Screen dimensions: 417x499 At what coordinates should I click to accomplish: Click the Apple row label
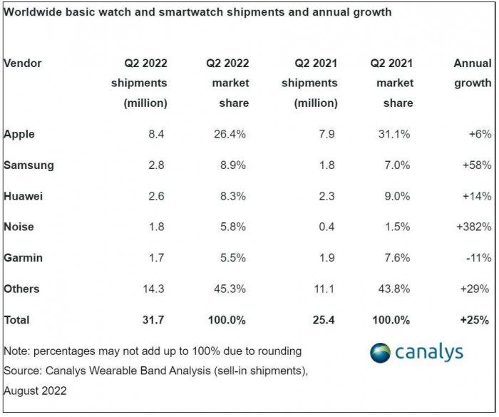pyautogui.click(x=19, y=134)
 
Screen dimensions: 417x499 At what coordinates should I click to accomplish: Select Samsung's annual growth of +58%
pyautogui.click(x=475, y=165)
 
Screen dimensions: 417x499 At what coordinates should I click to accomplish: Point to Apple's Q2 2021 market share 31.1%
pyautogui.click(x=397, y=134)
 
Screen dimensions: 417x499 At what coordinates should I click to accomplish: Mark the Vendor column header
pyautogui.click(x=23, y=63)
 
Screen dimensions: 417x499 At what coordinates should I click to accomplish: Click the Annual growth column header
pyautogui.click(x=472, y=83)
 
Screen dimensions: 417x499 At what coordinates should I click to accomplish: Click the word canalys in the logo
pyautogui.click(x=429, y=352)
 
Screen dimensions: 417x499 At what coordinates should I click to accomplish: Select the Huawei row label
pyautogui.click(x=23, y=196)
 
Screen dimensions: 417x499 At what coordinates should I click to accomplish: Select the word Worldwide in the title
pyautogui.click(x=31, y=12)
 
